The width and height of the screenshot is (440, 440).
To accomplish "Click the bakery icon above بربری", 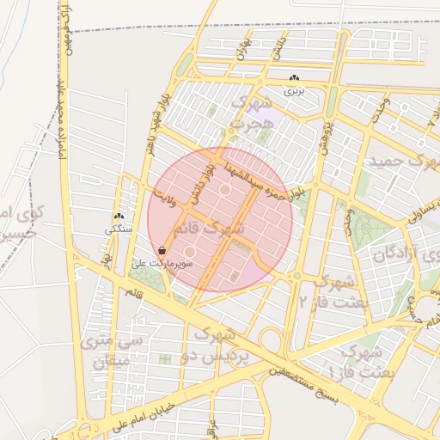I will (x=295, y=77).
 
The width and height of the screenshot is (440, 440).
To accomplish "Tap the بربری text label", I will (x=295, y=89).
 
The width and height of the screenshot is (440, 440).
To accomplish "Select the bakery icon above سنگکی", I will (x=119, y=217).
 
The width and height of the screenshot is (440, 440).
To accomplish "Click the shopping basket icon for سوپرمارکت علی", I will (x=162, y=251).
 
